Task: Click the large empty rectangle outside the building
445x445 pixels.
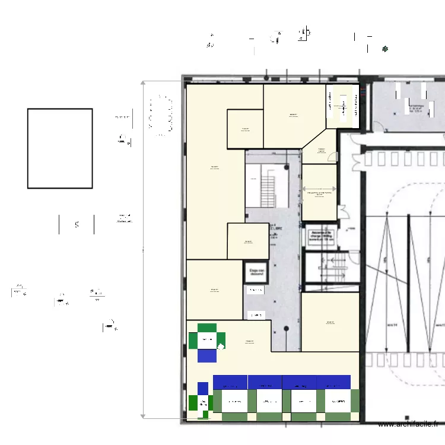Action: (60, 148)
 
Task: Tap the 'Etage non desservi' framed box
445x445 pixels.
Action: (256, 272)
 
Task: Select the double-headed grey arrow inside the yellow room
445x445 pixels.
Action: (319, 189)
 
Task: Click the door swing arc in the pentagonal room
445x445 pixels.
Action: (333, 157)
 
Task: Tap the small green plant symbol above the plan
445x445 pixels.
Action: (385, 49)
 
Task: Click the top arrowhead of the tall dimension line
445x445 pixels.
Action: (143, 84)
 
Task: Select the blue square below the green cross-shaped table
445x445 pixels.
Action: (207, 355)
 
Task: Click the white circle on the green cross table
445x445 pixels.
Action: (221, 347)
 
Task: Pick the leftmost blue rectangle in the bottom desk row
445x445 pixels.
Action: (230, 382)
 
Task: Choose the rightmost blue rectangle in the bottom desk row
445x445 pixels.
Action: (334, 382)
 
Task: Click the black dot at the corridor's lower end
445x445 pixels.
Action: (286, 328)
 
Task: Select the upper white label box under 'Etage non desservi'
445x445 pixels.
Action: (255, 290)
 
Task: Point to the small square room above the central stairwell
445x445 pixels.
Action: (245, 129)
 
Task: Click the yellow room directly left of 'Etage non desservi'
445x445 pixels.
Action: (214, 290)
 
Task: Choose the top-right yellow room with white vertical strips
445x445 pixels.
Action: (343, 106)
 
